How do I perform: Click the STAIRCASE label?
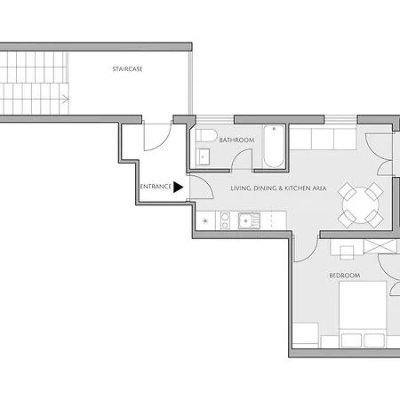[x=127, y=69]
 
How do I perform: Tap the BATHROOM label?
[x=236, y=140]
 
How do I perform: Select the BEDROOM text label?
[x=345, y=276]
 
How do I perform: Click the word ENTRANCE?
[x=156, y=187]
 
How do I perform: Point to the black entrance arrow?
[x=178, y=187]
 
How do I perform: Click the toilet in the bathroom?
[x=206, y=135]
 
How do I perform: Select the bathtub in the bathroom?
[x=274, y=147]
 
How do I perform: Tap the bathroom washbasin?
[x=203, y=156]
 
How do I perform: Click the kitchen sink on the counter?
[x=249, y=220]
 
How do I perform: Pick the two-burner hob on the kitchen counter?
[x=225, y=220]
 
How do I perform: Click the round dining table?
[x=361, y=205]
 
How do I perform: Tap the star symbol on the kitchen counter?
[x=205, y=220]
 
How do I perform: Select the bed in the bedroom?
[x=363, y=315]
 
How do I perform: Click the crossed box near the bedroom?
[x=380, y=246]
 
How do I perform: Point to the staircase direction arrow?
[x=65, y=99]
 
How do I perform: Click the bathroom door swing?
[x=242, y=159]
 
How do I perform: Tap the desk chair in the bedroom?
[x=347, y=252]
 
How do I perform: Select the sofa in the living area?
[x=323, y=140]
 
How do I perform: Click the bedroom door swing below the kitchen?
[x=306, y=249]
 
